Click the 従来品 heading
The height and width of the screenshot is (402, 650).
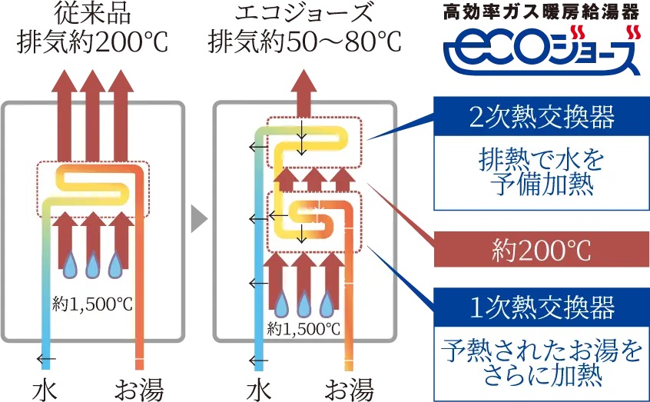pos(93,13)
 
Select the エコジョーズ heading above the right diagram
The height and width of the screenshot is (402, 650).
pos(305,13)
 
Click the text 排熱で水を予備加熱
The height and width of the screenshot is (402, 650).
pos(542,174)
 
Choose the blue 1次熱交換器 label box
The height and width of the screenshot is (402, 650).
pos(542,307)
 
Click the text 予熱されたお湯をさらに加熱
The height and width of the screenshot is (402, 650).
pos(542,363)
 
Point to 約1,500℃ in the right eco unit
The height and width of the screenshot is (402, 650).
pos(304,329)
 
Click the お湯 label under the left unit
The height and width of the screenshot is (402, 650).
pos(139,388)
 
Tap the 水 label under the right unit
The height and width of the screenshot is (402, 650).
pos(259,388)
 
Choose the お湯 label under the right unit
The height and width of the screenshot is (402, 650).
pos(350,388)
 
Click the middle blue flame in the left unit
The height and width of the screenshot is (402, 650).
pos(93,265)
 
